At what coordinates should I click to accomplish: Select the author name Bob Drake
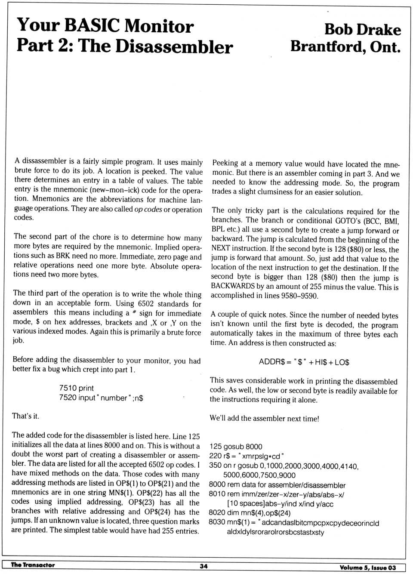click(362, 30)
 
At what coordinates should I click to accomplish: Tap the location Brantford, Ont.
click(345, 46)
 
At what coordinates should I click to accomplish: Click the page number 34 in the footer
click(203, 566)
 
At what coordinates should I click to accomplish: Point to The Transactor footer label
click(33, 565)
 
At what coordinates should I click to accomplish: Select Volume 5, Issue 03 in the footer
click(367, 568)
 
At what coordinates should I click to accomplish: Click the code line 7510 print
click(77, 388)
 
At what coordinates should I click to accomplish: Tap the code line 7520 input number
click(101, 398)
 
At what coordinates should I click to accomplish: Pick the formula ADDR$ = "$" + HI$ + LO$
click(304, 362)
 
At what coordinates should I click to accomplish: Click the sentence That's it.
click(26, 416)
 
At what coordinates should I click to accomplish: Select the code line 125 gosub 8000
click(236, 447)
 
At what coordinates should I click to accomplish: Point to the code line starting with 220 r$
click(247, 456)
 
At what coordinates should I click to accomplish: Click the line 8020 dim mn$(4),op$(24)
click(250, 513)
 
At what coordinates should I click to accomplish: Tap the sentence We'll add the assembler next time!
click(264, 418)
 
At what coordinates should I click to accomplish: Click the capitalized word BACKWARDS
click(233, 287)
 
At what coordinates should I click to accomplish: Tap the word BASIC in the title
click(92, 26)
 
